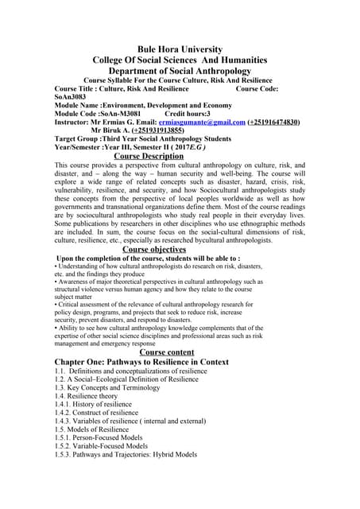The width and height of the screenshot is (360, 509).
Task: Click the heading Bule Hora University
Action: point(180,49)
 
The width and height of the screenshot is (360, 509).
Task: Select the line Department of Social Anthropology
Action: point(180,71)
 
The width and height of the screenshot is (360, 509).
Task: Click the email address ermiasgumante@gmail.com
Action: point(202,122)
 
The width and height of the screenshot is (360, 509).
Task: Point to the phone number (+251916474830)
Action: point(273,122)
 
